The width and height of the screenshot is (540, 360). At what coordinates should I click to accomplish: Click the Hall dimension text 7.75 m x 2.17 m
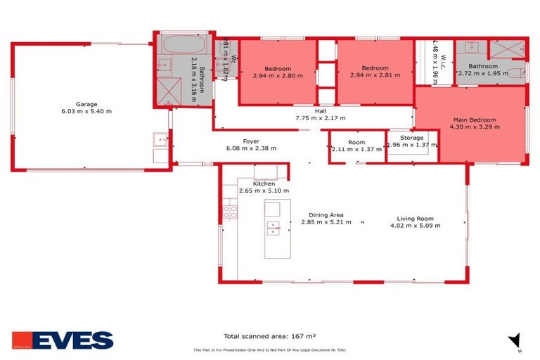click(x=320, y=118)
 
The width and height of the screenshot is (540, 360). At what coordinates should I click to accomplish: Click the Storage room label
click(x=411, y=138)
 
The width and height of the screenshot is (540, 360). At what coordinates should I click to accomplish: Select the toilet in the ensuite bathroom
click(x=519, y=72)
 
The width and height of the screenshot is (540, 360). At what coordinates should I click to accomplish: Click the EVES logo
click(x=63, y=340)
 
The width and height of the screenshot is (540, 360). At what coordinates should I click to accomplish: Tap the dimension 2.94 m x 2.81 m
click(x=375, y=75)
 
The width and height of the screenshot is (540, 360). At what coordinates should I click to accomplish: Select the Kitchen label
click(x=264, y=184)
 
